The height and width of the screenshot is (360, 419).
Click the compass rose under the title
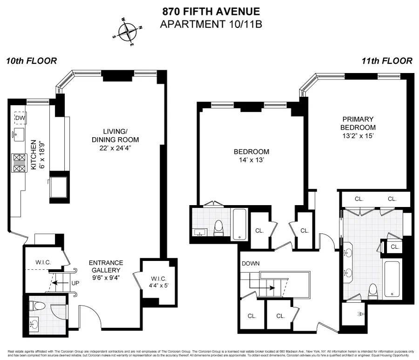[127, 32]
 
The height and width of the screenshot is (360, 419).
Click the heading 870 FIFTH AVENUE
[211, 11]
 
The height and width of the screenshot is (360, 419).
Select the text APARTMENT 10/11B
[211, 24]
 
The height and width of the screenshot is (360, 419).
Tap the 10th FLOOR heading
[32, 61]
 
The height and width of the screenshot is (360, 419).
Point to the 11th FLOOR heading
[386, 61]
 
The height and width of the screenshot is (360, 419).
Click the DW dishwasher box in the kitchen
[20, 118]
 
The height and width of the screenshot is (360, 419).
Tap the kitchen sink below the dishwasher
[20, 135]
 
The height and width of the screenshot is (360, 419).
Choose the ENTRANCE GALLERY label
[106, 266]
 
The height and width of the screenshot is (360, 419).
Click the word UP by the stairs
[74, 282]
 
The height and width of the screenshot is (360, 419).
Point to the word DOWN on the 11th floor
[250, 263]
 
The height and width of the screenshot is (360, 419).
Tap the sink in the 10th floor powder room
[34, 323]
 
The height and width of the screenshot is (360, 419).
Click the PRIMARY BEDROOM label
[358, 123]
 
